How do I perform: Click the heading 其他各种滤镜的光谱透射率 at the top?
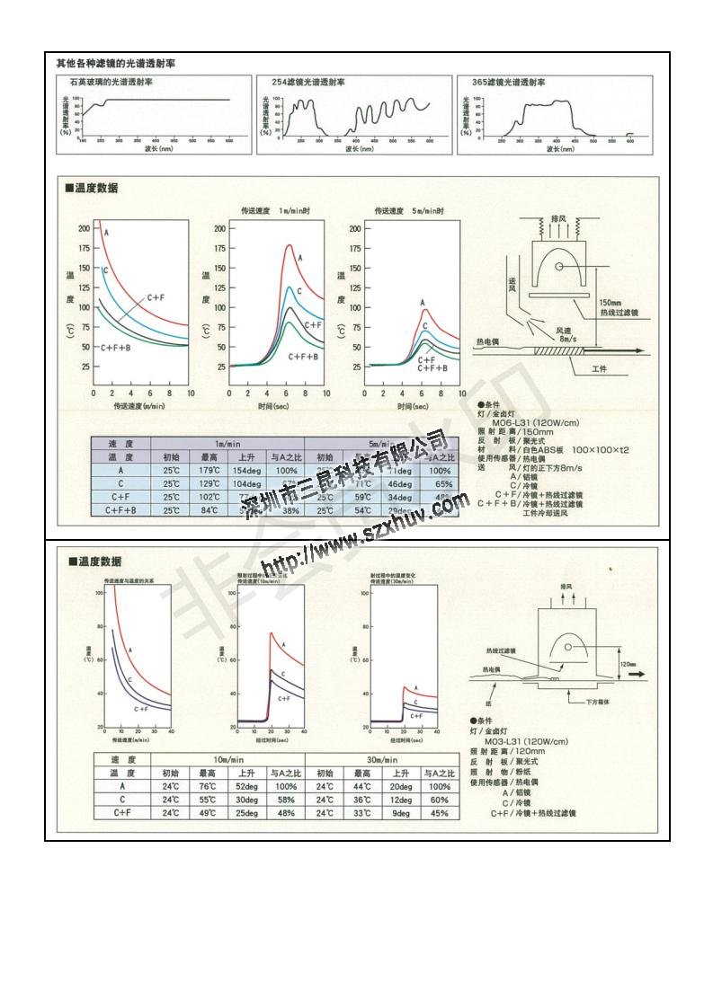[x=116, y=64]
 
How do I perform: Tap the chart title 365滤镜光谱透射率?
[x=508, y=82]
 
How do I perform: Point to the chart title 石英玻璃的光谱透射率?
[x=106, y=82]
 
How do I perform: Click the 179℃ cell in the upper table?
[x=209, y=471]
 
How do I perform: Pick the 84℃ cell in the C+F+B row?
[x=209, y=510]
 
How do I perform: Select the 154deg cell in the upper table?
[x=246, y=471]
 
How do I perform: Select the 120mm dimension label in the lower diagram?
[x=628, y=666]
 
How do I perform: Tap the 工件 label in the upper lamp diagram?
[x=600, y=369]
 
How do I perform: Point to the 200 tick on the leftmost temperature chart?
[x=84, y=228]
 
